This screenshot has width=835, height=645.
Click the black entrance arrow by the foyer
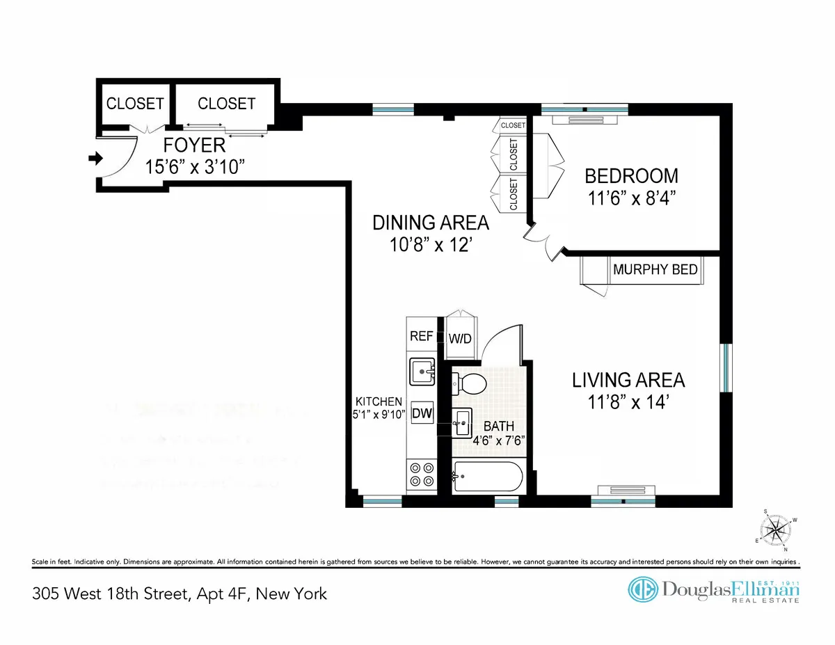pos(91,159)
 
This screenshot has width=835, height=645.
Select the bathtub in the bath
pos(486,477)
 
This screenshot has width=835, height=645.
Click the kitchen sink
pos(421,371)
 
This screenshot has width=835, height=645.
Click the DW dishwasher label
pos(422,414)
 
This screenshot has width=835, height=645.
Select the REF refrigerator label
pos(422,336)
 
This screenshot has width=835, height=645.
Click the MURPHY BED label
pos(655,269)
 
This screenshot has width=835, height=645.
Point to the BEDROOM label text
pos(630,175)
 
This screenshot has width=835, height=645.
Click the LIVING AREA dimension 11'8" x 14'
pos(628,401)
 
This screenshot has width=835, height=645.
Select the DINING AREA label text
pos(431,223)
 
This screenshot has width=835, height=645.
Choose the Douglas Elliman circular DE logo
pos(644,589)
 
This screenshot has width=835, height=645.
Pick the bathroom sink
pos(461,421)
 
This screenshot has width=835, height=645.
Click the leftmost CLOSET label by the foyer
pos(135,104)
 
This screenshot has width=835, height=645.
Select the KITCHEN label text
pos(379,401)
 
